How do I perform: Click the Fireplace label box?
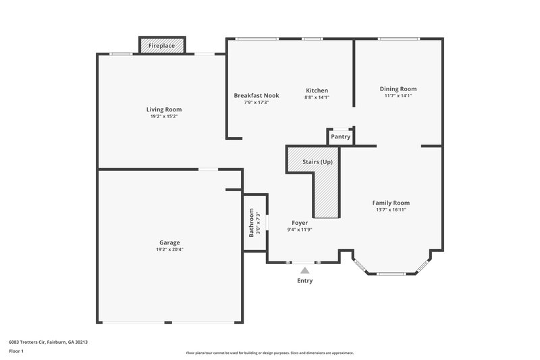tap(161, 45)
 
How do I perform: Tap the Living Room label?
tap(164, 109)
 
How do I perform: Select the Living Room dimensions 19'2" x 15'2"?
tap(164, 116)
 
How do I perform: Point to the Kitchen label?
tap(317, 91)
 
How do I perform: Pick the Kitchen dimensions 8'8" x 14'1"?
tap(317, 97)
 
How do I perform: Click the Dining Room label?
tap(398, 88)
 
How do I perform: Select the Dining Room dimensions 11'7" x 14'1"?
tap(398, 95)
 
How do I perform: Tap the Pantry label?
tap(341, 136)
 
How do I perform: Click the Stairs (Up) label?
tap(317, 161)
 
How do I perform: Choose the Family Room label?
tap(391, 203)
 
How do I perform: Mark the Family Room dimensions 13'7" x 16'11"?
tap(391, 209)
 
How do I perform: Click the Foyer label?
tap(300, 222)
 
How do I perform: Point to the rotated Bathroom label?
tap(251, 222)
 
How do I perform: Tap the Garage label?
tap(169, 242)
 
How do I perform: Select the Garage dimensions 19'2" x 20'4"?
tap(169, 249)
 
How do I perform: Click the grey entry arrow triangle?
tap(304, 270)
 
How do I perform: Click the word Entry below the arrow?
tap(304, 280)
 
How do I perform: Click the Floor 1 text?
tap(16, 352)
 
